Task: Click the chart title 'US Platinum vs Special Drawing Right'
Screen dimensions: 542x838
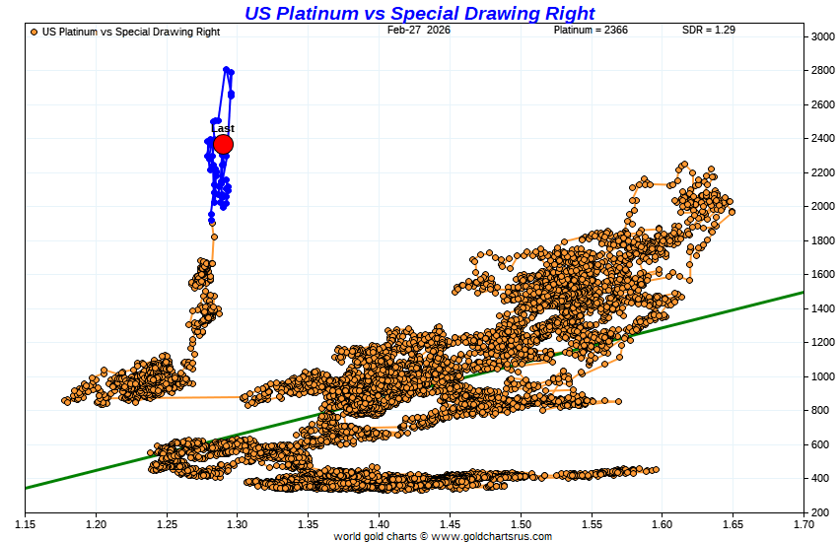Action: point(419,13)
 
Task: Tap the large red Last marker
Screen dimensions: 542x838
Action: point(223,145)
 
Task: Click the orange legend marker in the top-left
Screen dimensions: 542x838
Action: point(35,32)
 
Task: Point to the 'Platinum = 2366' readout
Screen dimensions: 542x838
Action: point(590,31)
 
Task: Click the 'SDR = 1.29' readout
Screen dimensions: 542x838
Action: point(709,31)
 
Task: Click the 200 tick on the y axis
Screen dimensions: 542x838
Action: point(819,512)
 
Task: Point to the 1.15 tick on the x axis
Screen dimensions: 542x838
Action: point(25,523)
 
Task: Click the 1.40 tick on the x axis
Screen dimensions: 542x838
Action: point(379,523)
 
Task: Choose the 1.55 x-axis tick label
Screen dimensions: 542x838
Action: point(591,523)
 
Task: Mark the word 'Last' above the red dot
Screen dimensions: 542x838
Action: point(223,129)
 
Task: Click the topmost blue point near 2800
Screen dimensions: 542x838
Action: point(227,69)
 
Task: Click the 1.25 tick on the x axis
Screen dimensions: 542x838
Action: point(167,523)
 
